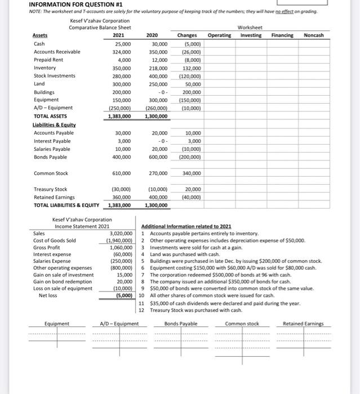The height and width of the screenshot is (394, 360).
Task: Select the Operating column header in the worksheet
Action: point(219,35)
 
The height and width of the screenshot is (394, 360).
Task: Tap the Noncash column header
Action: point(314,35)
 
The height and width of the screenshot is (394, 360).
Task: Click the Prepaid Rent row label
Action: point(50,60)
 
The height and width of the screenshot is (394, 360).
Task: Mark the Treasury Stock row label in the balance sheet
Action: point(51,190)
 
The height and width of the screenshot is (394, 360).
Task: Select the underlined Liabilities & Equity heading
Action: point(54,124)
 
